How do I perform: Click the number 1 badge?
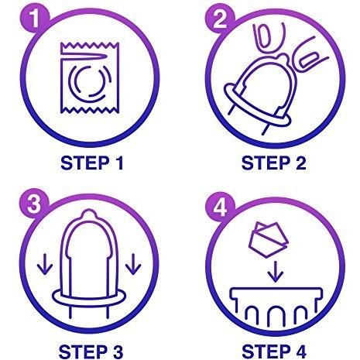pos(35,19)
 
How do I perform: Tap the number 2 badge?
pos(220,19)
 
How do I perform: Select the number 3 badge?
pos(34,204)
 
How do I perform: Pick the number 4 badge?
pos(220,207)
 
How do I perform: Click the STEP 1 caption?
pos(92,163)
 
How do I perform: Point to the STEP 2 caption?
pos(273,163)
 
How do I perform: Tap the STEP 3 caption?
pos(91,351)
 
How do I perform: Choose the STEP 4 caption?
pos(274,351)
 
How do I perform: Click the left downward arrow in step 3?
pos(45,263)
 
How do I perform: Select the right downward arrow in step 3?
pos(133,263)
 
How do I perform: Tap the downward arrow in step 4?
pos(276,272)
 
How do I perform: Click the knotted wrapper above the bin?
pos(268,239)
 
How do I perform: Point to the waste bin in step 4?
pos(276,305)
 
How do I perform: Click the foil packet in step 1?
pos(90,77)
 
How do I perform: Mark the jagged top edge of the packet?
pos(90,46)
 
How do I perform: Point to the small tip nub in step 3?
pos(89,214)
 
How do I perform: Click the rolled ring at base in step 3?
pos(89,296)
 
